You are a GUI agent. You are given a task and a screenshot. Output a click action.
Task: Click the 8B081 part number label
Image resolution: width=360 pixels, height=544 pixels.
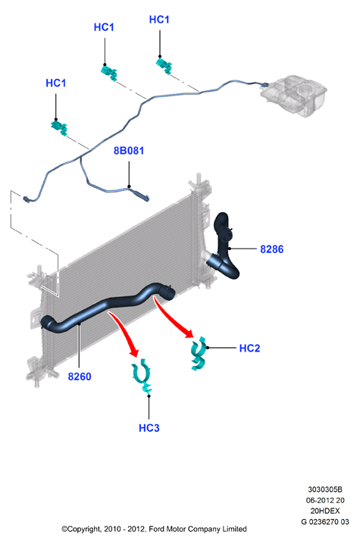click(x=128, y=151)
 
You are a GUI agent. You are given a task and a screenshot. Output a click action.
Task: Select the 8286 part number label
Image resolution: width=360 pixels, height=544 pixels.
click(x=271, y=249)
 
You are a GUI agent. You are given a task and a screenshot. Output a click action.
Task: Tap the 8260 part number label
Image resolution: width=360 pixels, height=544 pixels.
click(x=80, y=377)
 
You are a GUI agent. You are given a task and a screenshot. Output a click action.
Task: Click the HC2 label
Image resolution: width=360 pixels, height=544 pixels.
click(x=249, y=348)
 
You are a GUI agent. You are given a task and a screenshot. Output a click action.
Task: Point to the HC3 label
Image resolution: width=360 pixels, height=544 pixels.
click(x=149, y=428)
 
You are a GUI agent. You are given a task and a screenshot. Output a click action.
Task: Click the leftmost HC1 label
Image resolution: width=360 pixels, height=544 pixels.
click(x=56, y=83)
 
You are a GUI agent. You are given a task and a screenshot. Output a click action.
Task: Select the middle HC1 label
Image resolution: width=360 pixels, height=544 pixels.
click(x=104, y=27)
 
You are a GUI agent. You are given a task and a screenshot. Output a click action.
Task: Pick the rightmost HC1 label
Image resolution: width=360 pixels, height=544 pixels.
click(x=159, y=20)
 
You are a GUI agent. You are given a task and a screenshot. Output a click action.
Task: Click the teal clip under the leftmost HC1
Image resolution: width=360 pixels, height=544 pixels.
click(x=59, y=127)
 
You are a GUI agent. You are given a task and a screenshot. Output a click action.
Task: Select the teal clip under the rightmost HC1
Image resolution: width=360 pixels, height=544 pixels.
click(x=164, y=65)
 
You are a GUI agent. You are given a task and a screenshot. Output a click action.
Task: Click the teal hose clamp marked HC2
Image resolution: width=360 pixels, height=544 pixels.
click(x=199, y=354)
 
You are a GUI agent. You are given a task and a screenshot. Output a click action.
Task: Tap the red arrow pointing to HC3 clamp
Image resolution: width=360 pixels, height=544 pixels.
click(x=124, y=333)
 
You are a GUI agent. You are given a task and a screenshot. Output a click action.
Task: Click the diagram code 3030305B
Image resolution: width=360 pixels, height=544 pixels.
click(x=325, y=489)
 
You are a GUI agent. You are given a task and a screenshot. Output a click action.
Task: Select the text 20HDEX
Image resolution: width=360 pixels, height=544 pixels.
click(x=325, y=511)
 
